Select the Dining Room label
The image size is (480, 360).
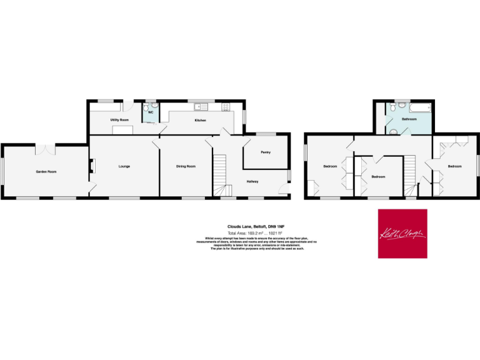186,166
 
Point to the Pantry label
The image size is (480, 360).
265,152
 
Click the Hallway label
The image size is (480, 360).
252,182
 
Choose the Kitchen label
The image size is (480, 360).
200,119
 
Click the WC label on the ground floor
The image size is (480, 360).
150,112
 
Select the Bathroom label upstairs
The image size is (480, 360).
409,118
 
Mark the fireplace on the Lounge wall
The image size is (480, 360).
92,166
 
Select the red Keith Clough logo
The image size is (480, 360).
402,233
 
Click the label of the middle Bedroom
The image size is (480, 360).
378,177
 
